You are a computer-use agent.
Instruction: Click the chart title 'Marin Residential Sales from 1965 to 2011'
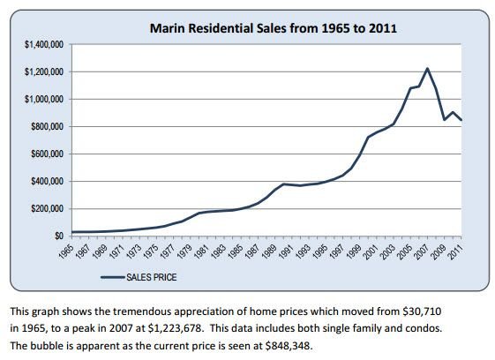273,28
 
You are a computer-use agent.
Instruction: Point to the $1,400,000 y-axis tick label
44,44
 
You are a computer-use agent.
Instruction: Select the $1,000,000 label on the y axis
44,99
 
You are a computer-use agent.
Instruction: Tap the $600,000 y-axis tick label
47,154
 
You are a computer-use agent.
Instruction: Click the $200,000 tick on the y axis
47,209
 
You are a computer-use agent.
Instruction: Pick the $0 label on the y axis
59,236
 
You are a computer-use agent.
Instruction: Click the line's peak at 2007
427,68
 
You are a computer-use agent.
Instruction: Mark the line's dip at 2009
445,120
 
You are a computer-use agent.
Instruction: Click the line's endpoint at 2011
461,120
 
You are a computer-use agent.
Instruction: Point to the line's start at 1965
72,232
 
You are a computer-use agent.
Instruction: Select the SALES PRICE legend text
152,277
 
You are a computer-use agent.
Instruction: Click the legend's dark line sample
113,277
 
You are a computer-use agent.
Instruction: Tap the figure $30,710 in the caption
422,311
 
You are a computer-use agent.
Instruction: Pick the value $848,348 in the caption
288,346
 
